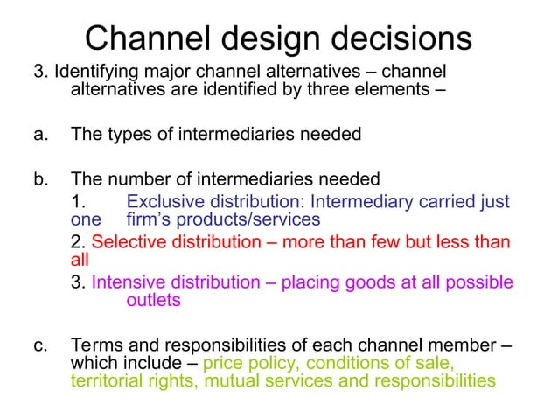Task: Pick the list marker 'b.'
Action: coord(40,180)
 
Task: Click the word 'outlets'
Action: coord(154,300)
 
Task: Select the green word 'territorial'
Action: coord(104,380)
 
